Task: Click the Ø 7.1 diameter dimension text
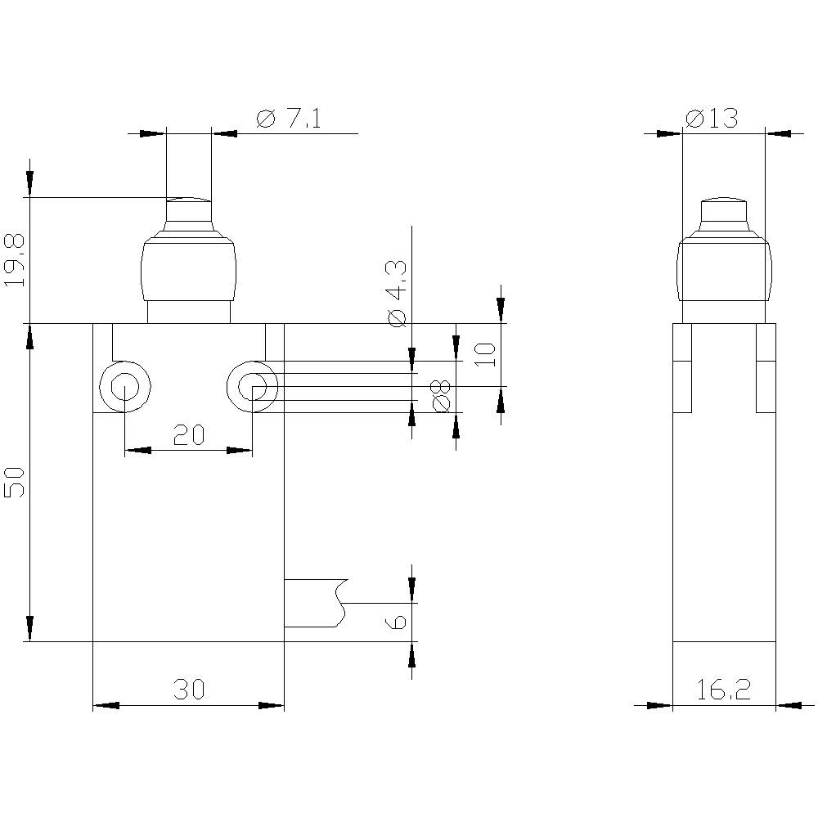click(x=288, y=119)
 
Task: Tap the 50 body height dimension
click(x=16, y=483)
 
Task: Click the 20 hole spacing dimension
click(x=188, y=435)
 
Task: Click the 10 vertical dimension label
click(x=486, y=354)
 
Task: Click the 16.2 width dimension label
click(x=724, y=690)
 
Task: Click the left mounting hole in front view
click(x=124, y=387)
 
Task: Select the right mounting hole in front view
click(x=253, y=387)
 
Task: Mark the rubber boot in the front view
click(x=188, y=270)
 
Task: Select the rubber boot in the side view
click(x=724, y=270)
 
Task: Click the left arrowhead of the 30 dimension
click(x=106, y=705)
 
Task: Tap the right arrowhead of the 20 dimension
click(x=239, y=450)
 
